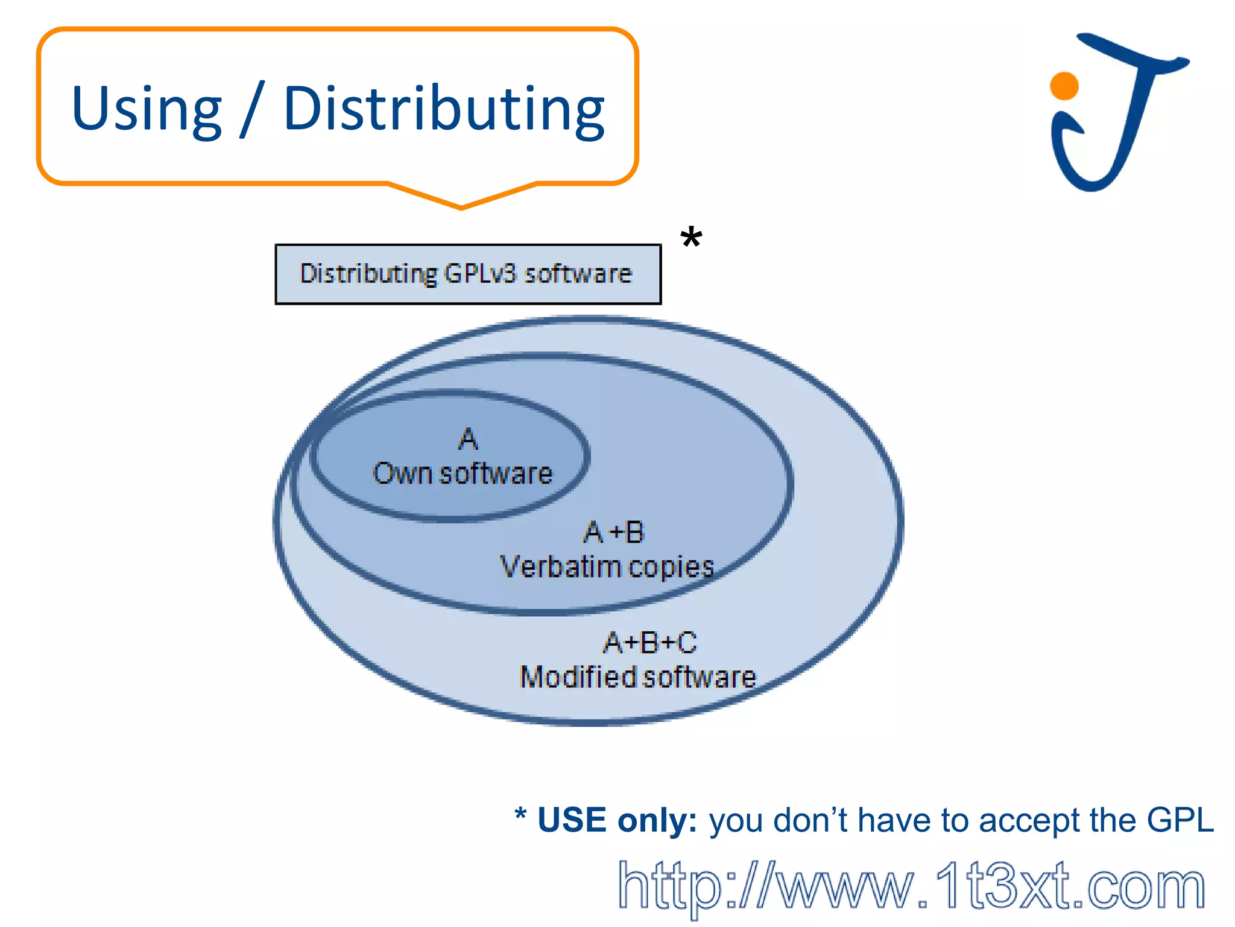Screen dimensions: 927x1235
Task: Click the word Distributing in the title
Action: pos(444,109)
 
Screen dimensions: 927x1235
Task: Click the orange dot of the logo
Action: pos(1064,86)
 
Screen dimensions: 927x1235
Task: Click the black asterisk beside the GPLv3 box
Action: pos(691,238)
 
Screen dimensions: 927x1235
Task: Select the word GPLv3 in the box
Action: pos(480,274)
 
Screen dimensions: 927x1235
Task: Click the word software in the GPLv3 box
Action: pos(578,274)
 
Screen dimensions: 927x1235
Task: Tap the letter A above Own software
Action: pos(468,439)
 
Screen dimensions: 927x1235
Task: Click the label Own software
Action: pos(463,474)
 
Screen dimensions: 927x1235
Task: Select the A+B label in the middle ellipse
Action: pos(614,532)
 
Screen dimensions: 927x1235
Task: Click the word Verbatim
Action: pos(560,567)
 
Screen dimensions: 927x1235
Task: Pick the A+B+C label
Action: pos(650,642)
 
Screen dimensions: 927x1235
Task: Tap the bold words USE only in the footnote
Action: pos(617,820)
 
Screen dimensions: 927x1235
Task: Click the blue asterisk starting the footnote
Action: pos(520,815)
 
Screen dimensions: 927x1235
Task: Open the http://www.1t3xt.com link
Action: pos(911,886)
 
